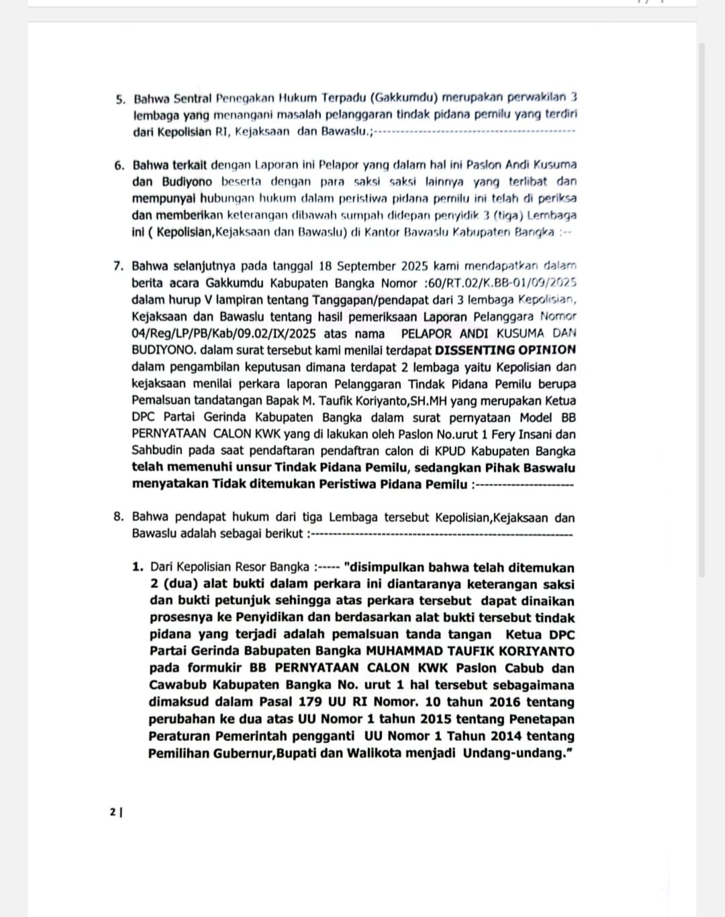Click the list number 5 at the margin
119,99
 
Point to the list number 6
119,165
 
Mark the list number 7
118,266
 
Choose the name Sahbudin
159,451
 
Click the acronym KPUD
432,451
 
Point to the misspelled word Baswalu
548,468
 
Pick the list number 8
118,517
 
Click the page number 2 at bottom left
112,812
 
